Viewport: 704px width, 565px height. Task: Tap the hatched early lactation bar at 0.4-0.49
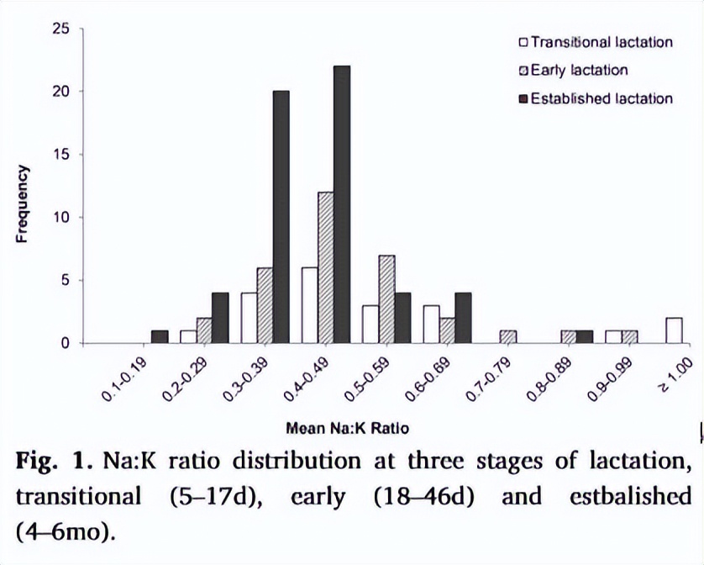coord(326,267)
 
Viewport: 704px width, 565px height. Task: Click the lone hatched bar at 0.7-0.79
coord(507,336)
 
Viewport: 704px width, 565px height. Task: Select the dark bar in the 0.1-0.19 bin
coord(160,336)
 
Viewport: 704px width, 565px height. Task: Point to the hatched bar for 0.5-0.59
coord(386,298)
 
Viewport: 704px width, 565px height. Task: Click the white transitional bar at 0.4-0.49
coord(310,305)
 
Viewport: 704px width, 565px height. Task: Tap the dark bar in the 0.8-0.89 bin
coord(584,336)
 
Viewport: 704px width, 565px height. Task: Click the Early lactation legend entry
coord(579,70)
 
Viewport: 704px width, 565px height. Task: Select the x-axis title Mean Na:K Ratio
coord(347,428)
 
